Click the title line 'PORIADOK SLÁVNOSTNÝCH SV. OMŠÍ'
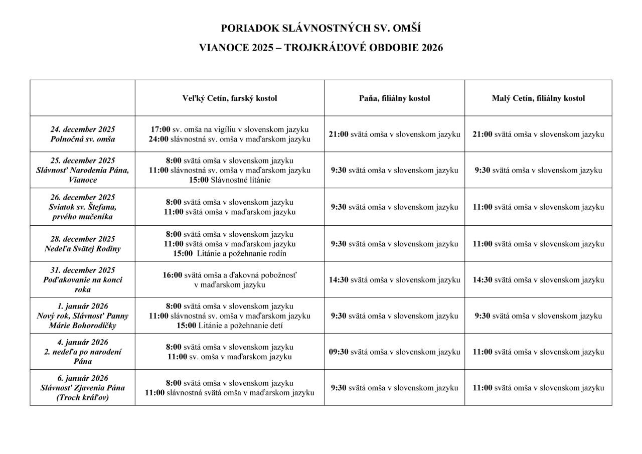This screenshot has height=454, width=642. click(320, 29)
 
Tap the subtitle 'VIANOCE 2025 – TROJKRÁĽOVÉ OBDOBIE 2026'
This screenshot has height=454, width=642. click(320, 48)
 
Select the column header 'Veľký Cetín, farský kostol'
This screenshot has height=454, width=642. click(229, 98)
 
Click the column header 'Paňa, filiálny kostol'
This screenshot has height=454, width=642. click(394, 98)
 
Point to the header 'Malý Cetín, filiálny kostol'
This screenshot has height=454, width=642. click(538, 98)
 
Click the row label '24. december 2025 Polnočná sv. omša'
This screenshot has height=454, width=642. click(83, 134)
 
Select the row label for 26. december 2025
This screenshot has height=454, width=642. click(83, 207)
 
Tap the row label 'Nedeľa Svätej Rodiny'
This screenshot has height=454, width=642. click(83, 248)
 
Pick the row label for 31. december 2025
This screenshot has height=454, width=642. click(83, 279)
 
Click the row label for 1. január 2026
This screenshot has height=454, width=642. click(83, 316)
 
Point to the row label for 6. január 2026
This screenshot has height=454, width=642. click(83, 388)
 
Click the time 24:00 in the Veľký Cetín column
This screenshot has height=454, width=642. click(158, 139)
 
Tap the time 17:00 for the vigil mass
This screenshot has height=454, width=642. click(160, 129)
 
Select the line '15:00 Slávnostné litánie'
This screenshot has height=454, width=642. click(229, 180)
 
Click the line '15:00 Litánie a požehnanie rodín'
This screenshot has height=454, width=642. click(229, 253)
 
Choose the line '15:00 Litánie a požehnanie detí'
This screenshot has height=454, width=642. click(229, 326)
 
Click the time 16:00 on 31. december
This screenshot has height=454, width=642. click(173, 275)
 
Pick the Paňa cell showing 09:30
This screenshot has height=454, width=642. click(394, 352)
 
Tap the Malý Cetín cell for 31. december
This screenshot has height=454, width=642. click(538, 279)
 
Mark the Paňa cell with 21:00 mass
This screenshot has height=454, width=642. click(394, 134)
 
